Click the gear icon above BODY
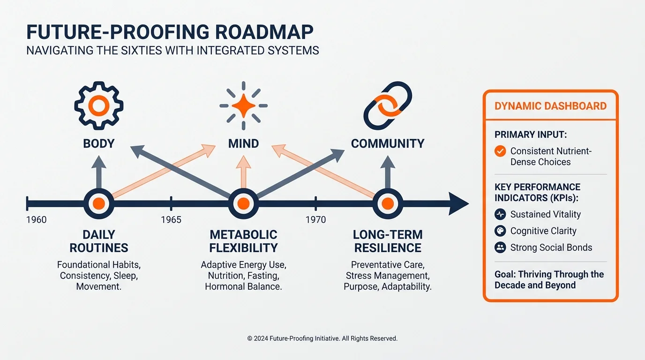(x=98, y=105)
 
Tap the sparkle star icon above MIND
(x=243, y=106)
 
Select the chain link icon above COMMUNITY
(x=388, y=105)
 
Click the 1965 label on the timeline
(x=171, y=220)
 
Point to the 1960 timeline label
(x=37, y=220)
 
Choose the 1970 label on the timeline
(x=315, y=220)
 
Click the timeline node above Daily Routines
(x=98, y=204)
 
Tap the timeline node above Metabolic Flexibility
(x=243, y=204)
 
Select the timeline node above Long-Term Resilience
(x=388, y=204)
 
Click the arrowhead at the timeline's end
(x=458, y=204)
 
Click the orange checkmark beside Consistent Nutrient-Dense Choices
(x=500, y=151)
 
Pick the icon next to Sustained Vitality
(x=500, y=214)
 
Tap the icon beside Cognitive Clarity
(x=500, y=231)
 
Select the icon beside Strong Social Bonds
(x=500, y=247)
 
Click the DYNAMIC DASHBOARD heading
(x=550, y=106)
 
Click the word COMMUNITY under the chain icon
(x=388, y=143)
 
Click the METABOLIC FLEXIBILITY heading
(x=243, y=241)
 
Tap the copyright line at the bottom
(x=322, y=338)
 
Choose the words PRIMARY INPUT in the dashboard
(x=531, y=135)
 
